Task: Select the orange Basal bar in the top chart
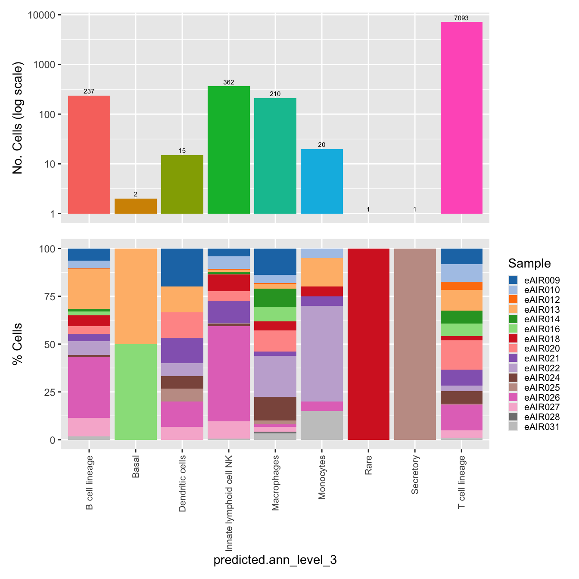click(136, 206)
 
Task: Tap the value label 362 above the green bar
click(229, 82)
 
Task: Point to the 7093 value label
click(461, 18)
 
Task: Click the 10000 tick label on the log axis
click(41, 15)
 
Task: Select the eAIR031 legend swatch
click(513, 427)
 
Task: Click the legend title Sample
click(529, 263)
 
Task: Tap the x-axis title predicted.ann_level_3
click(275, 560)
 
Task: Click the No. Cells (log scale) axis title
click(18, 118)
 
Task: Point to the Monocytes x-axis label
click(322, 477)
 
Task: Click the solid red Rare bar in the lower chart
click(368, 344)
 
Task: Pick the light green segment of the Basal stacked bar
click(136, 392)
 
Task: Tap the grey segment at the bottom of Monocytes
click(322, 426)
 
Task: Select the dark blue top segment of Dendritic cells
click(182, 268)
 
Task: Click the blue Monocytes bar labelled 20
click(322, 181)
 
